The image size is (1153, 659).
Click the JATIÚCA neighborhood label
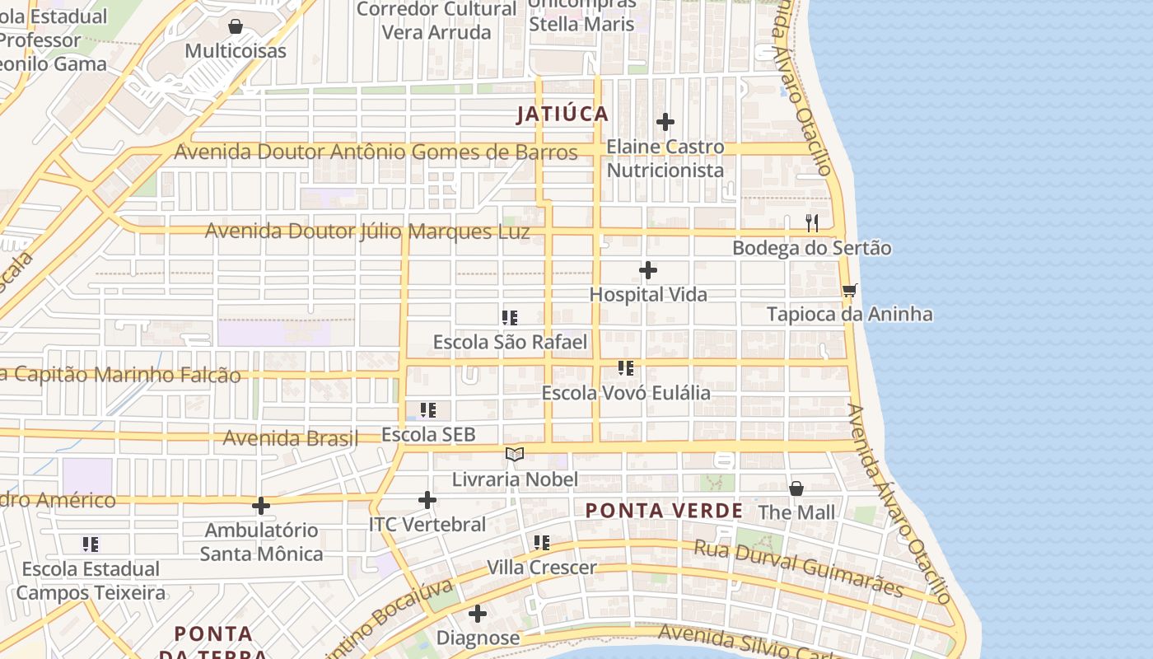[x=562, y=115]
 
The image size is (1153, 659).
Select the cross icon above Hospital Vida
[x=648, y=270]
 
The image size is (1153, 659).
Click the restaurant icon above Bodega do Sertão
[x=812, y=222]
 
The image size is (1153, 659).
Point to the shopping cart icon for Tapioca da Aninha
[x=849, y=290]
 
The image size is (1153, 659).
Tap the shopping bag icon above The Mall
[x=796, y=488]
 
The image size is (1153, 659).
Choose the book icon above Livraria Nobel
[x=515, y=454]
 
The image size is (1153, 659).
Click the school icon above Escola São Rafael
[x=510, y=318]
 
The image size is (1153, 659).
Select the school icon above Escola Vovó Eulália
[x=626, y=368]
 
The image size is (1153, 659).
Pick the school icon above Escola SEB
[x=428, y=410]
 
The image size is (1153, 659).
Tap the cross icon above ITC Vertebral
[x=427, y=500]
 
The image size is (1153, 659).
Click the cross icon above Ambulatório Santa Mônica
[x=261, y=506]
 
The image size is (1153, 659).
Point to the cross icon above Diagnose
[x=478, y=614]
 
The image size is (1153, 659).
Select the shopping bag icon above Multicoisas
[x=236, y=26]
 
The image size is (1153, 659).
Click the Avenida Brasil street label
[x=291, y=437]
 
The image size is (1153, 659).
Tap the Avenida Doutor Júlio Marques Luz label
[x=367, y=231]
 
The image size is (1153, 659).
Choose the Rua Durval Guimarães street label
[x=799, y=568]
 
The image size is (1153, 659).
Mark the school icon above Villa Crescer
[x=541, y=543]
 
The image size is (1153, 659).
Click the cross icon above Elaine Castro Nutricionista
[x=665, y=123]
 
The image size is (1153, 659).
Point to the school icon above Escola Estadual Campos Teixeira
[x=91, y=544]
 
